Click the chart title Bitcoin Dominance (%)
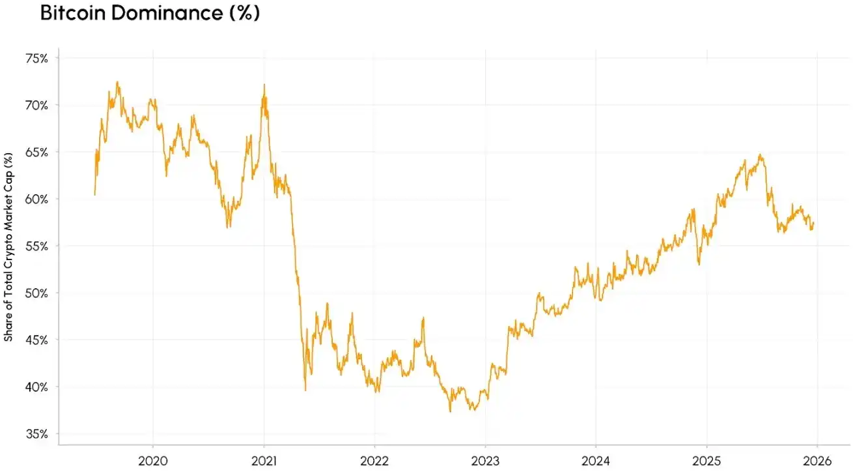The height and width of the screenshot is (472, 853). pos(150,14)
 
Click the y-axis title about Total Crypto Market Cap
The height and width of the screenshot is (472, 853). pos(8,247)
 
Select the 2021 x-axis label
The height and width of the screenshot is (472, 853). pos(264,460)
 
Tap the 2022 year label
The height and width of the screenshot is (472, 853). pos(374,460)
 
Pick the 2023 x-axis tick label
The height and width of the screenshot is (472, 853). pos(485,460)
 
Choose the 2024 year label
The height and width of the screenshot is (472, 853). pos(596,460)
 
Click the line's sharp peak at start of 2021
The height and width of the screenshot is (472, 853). pos(264,85)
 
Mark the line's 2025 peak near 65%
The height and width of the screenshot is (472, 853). pos(760,155)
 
